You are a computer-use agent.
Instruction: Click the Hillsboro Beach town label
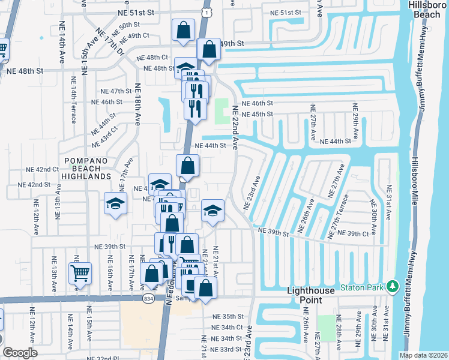pyautogui.click(x=427, y=10)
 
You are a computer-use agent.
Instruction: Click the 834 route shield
pyautogui.click(x=148, y=298)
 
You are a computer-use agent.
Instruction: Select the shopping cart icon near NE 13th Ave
pyautogui.click(x=80, y=274)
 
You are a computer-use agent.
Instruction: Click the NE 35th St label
pyautogui.click(x=229, y=316)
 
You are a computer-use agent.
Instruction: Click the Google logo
pyautogui.click(x=20, y=353)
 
